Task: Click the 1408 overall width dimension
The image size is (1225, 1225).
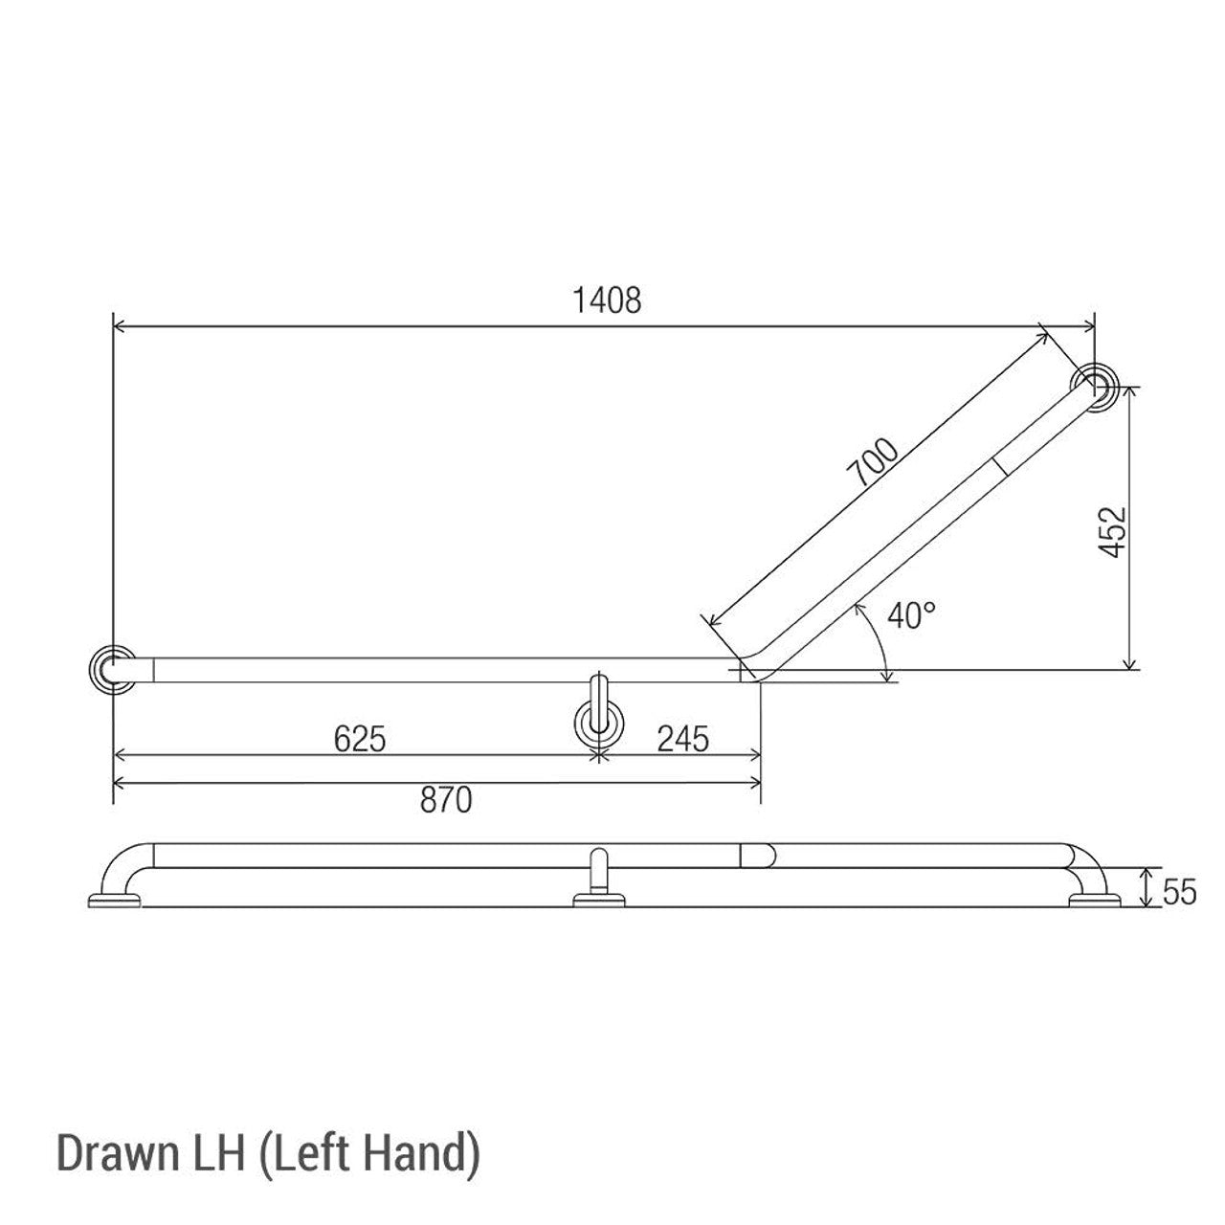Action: [607, 301]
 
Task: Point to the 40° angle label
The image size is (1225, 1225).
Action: [910, 615]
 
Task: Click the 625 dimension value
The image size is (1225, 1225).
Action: [360, 739]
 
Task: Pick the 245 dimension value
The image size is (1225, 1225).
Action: [683, 739]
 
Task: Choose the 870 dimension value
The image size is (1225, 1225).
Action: [446, 800]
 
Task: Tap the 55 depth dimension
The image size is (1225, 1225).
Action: [1180, 892]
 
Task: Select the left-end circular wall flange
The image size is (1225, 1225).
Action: [111, 668]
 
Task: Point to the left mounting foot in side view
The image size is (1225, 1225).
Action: [114, 900]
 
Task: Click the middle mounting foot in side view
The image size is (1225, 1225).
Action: [599, 900]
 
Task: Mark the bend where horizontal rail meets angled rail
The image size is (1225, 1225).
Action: [756, 666]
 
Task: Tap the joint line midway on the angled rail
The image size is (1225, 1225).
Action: [1001, 466]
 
